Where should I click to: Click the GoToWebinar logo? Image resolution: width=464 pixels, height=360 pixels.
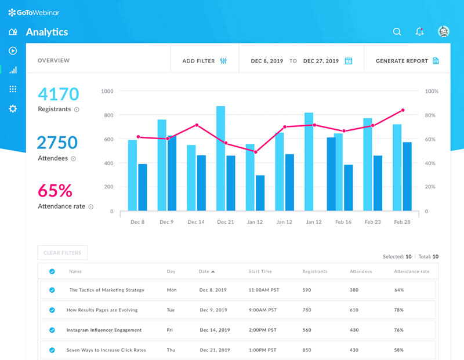[x=34, y=12]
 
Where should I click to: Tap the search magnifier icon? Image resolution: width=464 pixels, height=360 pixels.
[x=397, y=32]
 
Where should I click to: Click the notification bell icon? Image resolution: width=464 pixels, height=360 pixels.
[x=419, y=32]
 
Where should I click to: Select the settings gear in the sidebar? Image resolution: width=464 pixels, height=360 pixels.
[x=13, y=108]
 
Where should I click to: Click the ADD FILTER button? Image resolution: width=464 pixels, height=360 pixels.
[x=204, y=61]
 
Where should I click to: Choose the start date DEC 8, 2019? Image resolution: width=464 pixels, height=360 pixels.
[x=267, y=61]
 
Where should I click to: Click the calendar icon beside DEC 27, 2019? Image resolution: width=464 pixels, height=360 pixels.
[x=349, y=61]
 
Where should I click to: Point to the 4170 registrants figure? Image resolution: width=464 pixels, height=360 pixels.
[x=58, y=94]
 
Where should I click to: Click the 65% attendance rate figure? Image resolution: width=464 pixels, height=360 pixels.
[x=55, y=191]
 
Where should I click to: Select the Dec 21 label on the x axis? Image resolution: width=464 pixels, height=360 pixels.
[x=225, y=222]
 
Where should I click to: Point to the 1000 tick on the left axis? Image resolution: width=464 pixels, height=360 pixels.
[x=107, y=92]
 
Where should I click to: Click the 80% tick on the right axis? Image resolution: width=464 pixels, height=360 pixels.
[x=431, y=115]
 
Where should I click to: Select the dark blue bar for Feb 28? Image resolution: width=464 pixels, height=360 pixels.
[x=407, y=176]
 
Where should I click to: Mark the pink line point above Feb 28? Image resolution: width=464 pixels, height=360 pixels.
[x=403, y=110]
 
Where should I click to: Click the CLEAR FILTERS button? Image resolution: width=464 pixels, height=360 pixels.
[x=63, y=253]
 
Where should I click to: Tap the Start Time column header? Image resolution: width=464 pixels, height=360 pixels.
[x=260, y=271]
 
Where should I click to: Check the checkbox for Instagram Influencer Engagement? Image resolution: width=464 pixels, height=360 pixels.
[x=52, y=330]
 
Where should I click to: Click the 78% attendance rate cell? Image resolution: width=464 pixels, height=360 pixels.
[x=398, y=310]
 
